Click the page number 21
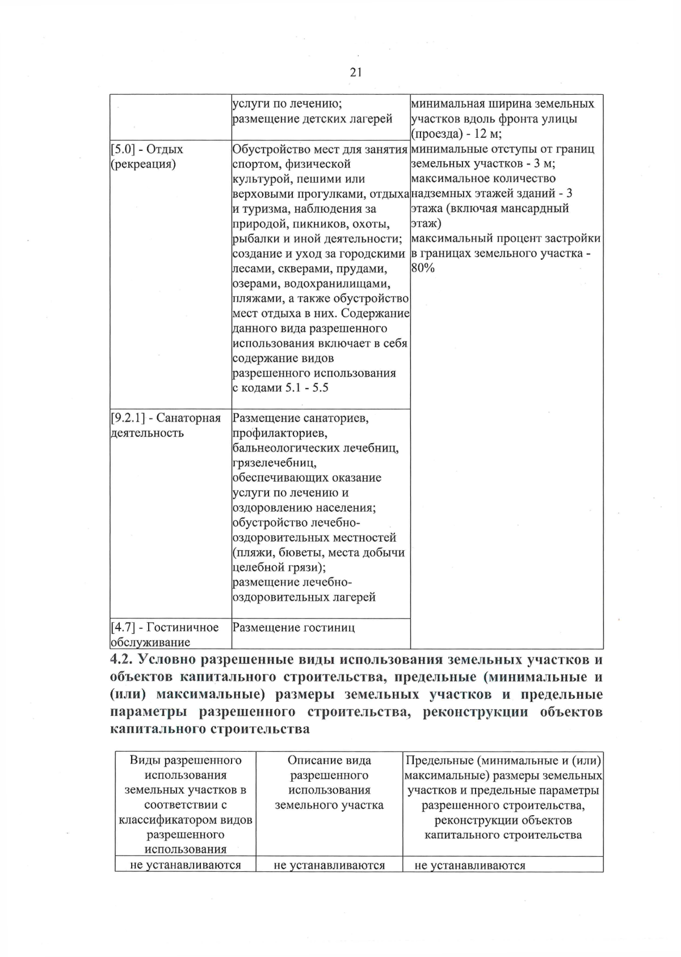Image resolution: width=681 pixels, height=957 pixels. (356, 72)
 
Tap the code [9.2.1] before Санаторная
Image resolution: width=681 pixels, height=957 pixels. (128, 418)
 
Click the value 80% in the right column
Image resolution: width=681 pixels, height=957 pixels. (423, 268)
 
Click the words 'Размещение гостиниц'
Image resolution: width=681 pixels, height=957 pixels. (294, 627)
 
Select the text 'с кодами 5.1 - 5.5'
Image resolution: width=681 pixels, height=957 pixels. (281, 388)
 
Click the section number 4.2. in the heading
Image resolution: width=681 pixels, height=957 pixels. (121, 660)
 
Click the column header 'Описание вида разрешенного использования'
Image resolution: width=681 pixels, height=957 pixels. (329, 782)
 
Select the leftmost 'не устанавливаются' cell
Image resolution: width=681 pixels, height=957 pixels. (186, 865)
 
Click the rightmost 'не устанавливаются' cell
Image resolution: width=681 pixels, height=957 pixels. (470, 865)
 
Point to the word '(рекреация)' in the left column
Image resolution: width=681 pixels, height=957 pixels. (142, 165)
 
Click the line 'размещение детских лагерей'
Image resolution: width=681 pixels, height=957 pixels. (313, 119)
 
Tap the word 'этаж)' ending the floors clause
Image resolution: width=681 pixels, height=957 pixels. (422, 224)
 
